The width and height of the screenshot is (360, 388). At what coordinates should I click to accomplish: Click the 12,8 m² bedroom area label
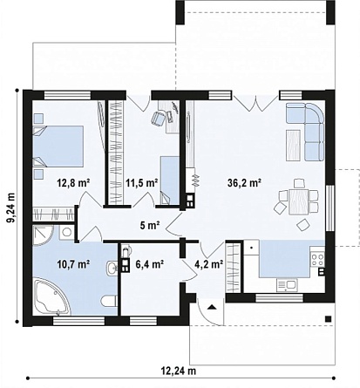(x=73, y=183)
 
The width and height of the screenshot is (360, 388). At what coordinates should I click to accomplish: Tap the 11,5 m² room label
(x=142, y=183)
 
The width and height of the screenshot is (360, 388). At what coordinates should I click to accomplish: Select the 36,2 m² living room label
(x=244, y=183)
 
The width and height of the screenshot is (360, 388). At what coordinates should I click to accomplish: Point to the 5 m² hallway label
(x=150, y=225)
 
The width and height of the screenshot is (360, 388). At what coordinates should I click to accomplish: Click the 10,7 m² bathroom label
(x=73, y=264)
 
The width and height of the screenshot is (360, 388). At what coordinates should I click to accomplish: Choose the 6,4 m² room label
(x=150, y=264)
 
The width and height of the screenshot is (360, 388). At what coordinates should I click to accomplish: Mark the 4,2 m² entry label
(x=208, y=264)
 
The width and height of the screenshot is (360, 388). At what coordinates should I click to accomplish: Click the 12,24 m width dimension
(x=179, y=371)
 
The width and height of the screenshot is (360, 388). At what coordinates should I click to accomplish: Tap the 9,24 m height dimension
(x=11, y=208)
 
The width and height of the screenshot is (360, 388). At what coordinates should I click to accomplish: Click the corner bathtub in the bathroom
(x=51, y=296)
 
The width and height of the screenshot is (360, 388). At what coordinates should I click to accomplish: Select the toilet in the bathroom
(x=109, y=301)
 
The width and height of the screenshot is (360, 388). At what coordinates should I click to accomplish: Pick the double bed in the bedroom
(x=58, y=146)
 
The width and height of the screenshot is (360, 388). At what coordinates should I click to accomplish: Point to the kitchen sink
(x=287, y=285)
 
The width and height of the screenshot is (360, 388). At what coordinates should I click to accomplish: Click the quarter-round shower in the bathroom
(x=43, y=235)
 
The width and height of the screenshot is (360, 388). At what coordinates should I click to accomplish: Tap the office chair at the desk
(x=158, y=119)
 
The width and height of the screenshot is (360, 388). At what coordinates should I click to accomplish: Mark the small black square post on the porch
(x=328, y=319)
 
